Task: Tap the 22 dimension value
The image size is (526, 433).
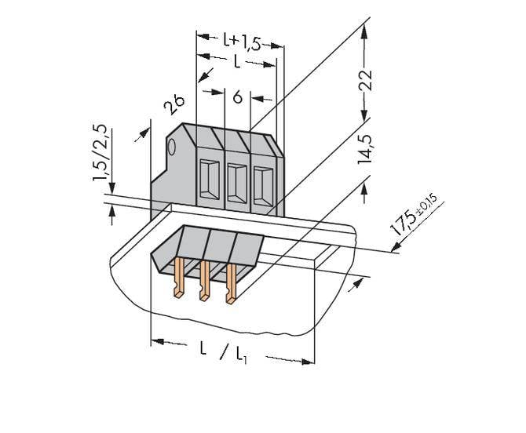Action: [x=364, y=81]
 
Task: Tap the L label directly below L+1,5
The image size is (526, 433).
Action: [x=237, y=62]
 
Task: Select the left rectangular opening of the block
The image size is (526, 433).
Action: [x=209, y=180]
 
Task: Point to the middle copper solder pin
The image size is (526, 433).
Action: [x=204, y=283]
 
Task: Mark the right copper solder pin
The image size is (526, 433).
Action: [x=231, y=286]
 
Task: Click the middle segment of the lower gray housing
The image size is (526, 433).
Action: [x=221, y=246]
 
